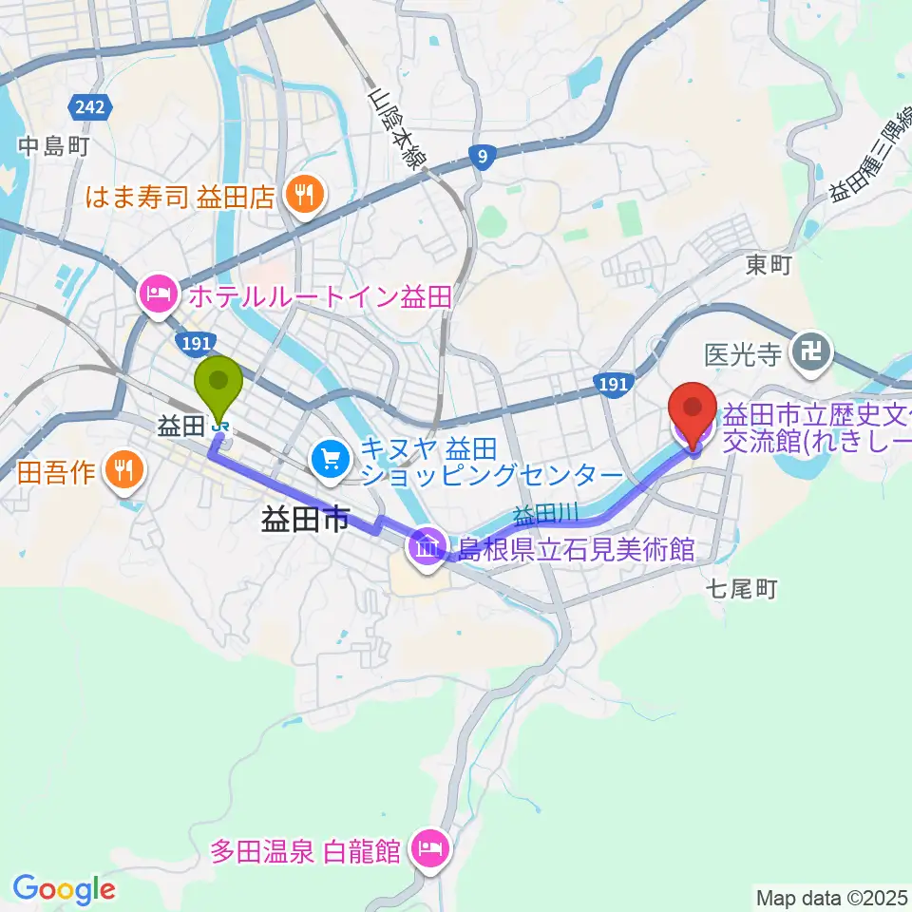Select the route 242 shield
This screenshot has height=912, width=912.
(91, 106)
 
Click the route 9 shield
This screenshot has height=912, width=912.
(484, 158)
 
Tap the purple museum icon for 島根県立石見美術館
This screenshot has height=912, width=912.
(427, 547)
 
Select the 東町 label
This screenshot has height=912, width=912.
(769, 265)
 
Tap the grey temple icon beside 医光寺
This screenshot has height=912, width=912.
(813, 354)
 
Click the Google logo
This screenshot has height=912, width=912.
(64, 889)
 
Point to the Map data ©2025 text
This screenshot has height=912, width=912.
(831, 897)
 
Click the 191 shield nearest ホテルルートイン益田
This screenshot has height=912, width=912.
(188, 341)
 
